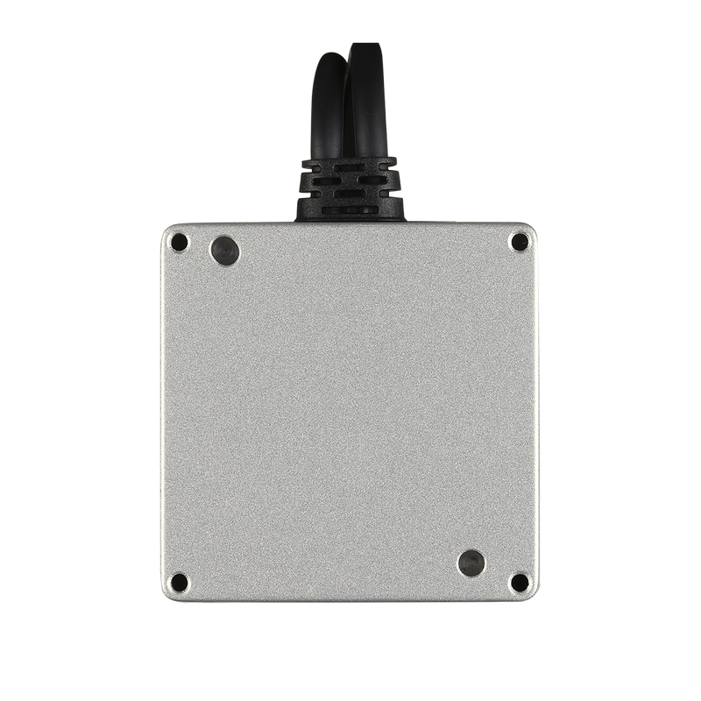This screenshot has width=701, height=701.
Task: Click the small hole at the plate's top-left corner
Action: point(179,241)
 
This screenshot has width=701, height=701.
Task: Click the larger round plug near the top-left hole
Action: point(225,251)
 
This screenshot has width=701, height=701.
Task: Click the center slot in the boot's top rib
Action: point(350,167)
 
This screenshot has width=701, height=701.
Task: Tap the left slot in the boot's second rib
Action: point(327,181)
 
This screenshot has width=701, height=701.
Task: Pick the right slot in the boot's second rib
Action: point(372,180)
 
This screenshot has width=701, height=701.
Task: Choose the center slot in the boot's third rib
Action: point(350,193)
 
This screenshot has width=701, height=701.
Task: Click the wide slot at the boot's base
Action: point(350,209)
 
